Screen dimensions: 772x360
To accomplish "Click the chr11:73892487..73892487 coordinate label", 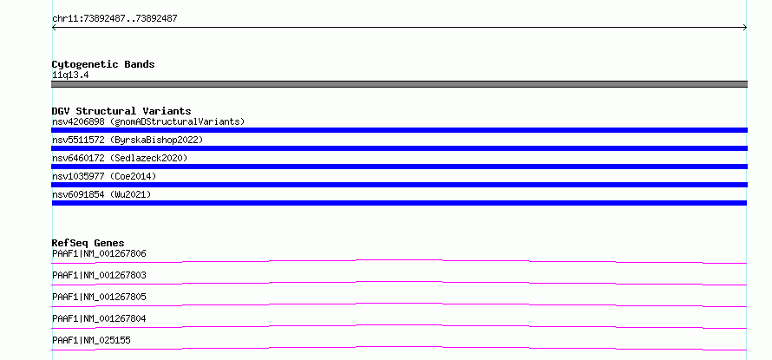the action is click(114, 19).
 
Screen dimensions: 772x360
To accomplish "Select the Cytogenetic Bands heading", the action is click(103, 64).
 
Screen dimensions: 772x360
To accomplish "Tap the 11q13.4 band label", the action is click(70, 75).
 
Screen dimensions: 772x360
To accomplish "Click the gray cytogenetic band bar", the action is click(399, 84).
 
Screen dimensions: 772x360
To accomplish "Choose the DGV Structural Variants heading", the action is click(121, 111).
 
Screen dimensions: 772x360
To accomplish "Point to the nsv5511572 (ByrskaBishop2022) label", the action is click(128, 140).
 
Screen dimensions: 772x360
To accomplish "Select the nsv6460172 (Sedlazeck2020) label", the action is click(120, 158).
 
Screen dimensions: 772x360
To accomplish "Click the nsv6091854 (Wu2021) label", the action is click(101, 194).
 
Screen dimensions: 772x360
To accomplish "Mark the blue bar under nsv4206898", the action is click(399, 130).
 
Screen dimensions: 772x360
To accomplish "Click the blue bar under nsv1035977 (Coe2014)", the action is click(399, 185).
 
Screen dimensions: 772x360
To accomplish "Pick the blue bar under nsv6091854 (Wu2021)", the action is click(399, 203).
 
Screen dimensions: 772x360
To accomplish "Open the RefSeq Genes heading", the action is click(88, 243).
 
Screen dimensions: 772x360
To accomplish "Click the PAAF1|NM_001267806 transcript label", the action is click(99, 253).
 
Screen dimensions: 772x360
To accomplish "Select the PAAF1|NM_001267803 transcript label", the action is click(99, 275).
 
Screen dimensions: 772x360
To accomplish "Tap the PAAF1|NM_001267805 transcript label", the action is click(99, 297).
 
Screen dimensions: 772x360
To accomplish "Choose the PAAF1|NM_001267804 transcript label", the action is click(99, 318).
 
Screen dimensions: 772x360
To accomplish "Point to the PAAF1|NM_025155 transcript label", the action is click(91, 340).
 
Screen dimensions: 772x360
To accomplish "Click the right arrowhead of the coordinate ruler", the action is click(745, 28).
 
